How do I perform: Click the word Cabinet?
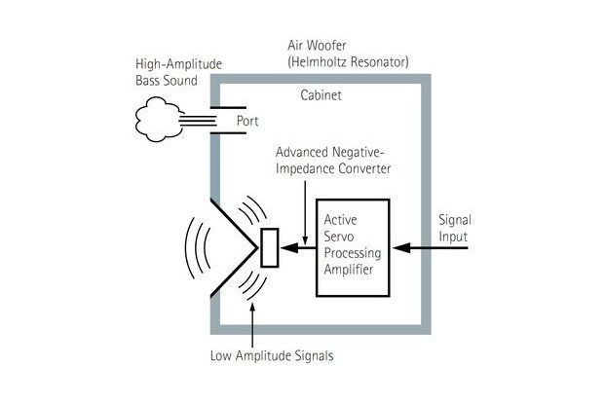coord(321,97)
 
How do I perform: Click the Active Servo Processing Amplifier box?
coord(353,248)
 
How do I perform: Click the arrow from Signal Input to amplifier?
coord(434,248)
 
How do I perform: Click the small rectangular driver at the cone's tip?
coord(270,247)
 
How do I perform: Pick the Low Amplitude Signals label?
coord(272,355)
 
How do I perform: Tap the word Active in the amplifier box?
coord(341,220)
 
